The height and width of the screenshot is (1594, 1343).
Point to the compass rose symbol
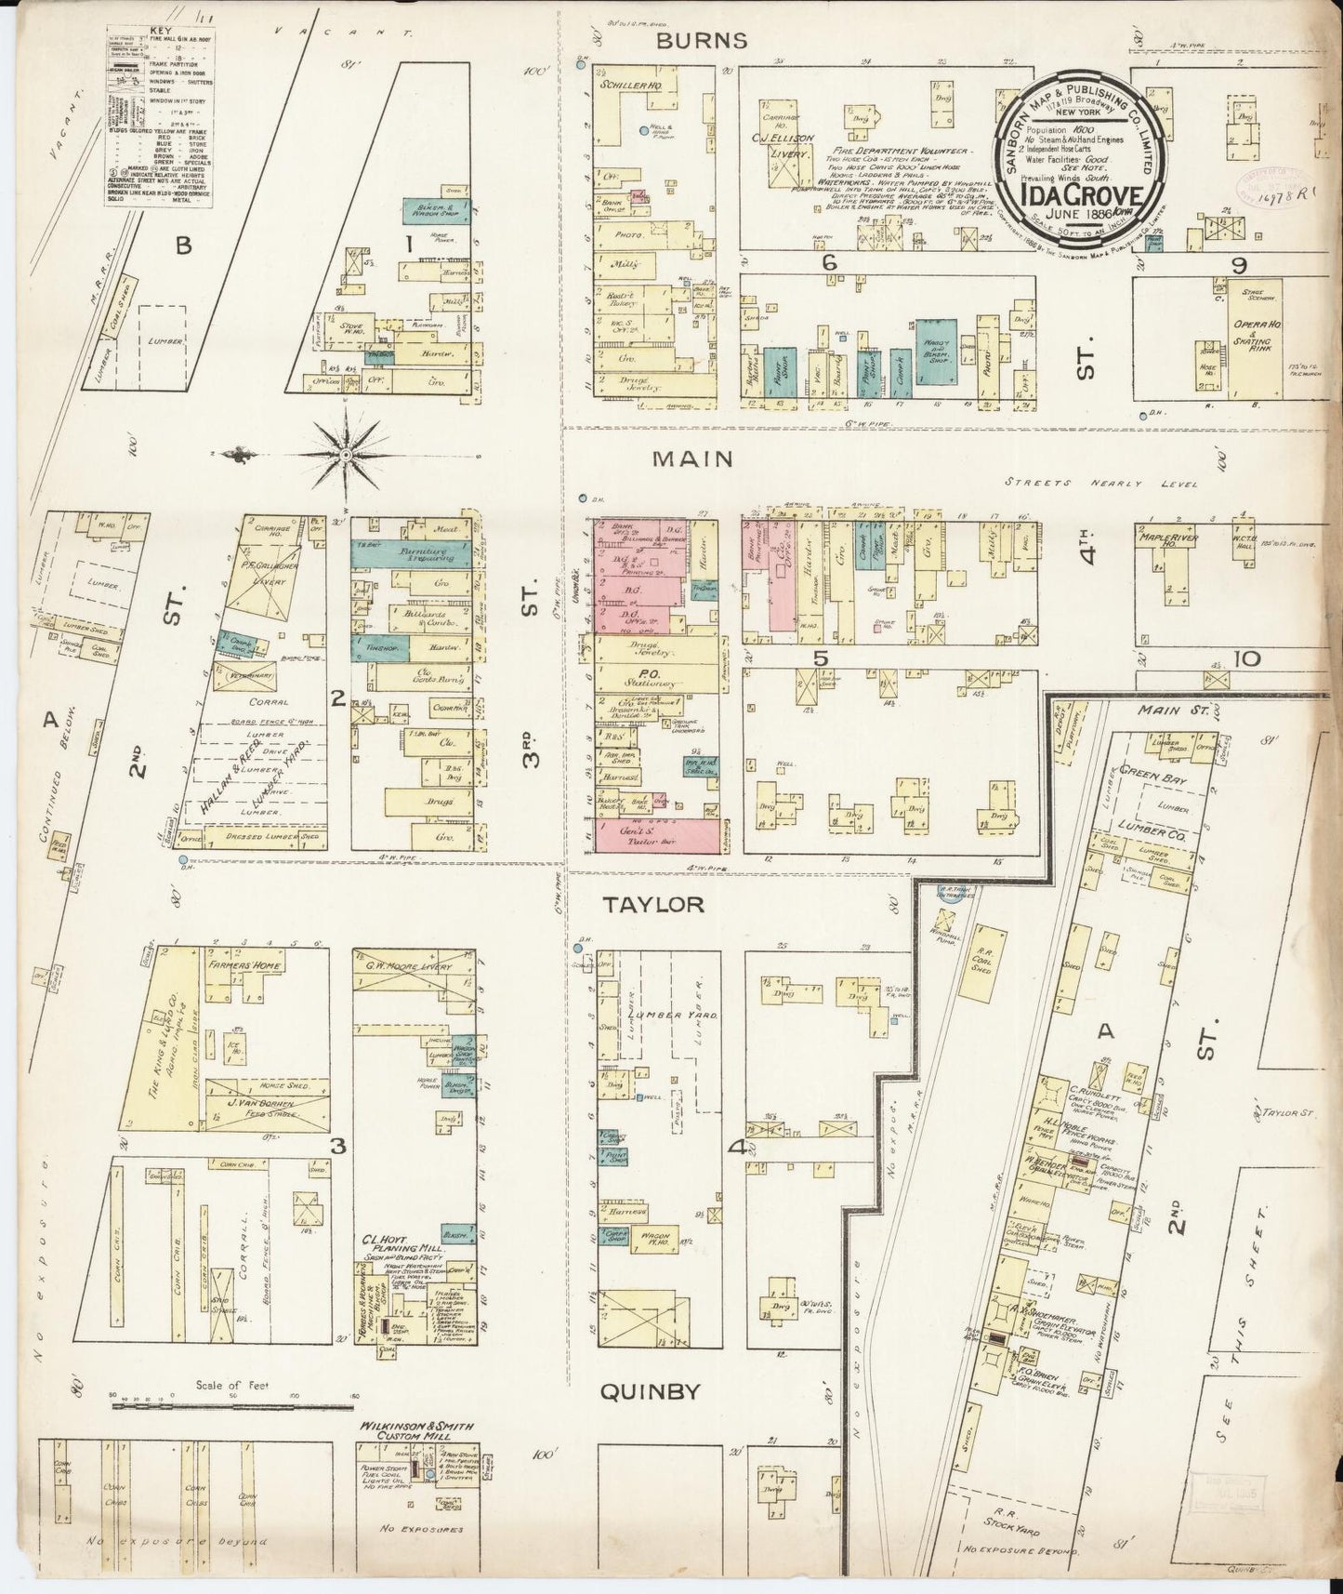[x=346, y=454]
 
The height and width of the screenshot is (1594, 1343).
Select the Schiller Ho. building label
[x=622, y=83]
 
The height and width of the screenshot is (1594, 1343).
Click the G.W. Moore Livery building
[x=414, y=967]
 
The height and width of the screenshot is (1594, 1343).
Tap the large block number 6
[x=829, y=264]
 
